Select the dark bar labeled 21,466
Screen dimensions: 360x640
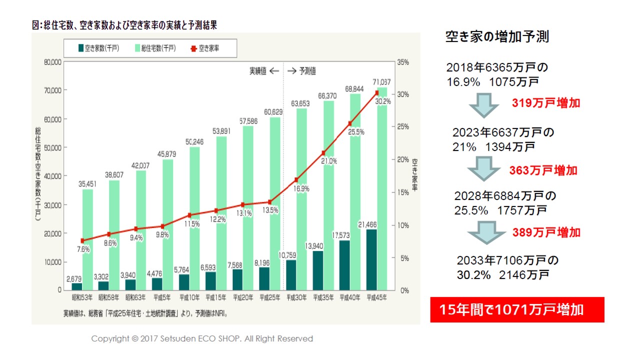[x=371, y=260]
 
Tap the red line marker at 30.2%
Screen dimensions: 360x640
[x=376, y=93]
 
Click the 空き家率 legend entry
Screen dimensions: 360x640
[x=205, y=48]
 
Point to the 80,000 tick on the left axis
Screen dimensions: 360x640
[x=52, y=62]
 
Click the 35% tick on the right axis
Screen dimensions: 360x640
[x=403, y=62]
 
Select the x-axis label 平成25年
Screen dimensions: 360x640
[x=269, y=298]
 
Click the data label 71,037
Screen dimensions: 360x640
[x=382, y=81]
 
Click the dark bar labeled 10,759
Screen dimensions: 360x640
[x=291, y=275]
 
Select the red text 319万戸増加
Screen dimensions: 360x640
[x=546, y=103]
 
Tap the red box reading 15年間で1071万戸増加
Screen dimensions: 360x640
[x=517, y=309]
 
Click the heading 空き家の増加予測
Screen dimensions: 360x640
[x=497, y=37]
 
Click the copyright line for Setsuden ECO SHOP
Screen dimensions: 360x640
[x=202, y=338]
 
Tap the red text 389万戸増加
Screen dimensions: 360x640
[x=546, y=232]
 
